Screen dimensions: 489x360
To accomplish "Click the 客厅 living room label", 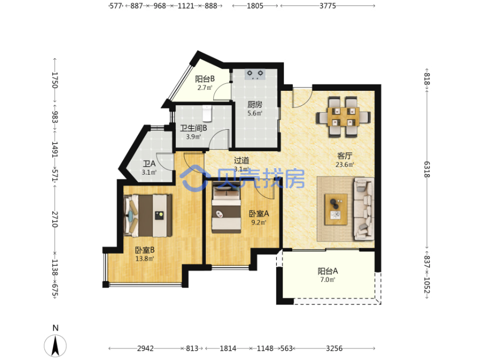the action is (x=345, y=156).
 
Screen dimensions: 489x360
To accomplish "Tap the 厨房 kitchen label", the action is (x=255, y=105).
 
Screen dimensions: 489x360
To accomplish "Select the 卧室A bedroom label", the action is (x=259, y=214).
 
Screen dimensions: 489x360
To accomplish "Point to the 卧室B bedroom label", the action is (x=145, y=250).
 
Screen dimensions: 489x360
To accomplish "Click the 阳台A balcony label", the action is (x=328, y=271).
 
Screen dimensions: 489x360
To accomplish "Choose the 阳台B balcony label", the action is (x=205, y=79).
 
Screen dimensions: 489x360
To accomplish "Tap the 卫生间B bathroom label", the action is (x=193, y=128).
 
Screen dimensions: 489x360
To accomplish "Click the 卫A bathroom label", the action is (x=149, y=163).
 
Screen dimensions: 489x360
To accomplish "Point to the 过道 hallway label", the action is (x=242, y=161).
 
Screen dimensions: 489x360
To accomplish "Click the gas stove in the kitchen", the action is (x=255, y=74).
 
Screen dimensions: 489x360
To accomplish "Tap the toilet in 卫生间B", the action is (x=207, y=113).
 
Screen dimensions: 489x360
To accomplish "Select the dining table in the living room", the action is (x=343, y=116).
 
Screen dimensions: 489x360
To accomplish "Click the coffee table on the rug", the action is (x=336, y=209).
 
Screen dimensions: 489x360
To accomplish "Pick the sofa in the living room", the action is (x=363, y=209).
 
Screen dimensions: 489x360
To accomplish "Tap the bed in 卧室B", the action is (x=148, y=215).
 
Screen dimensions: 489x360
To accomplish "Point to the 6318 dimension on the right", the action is (x=426, y=169).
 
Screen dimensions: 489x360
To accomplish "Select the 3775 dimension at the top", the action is (x=328, y=6).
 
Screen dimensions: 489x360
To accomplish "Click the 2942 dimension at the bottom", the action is (x=145, y=348).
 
